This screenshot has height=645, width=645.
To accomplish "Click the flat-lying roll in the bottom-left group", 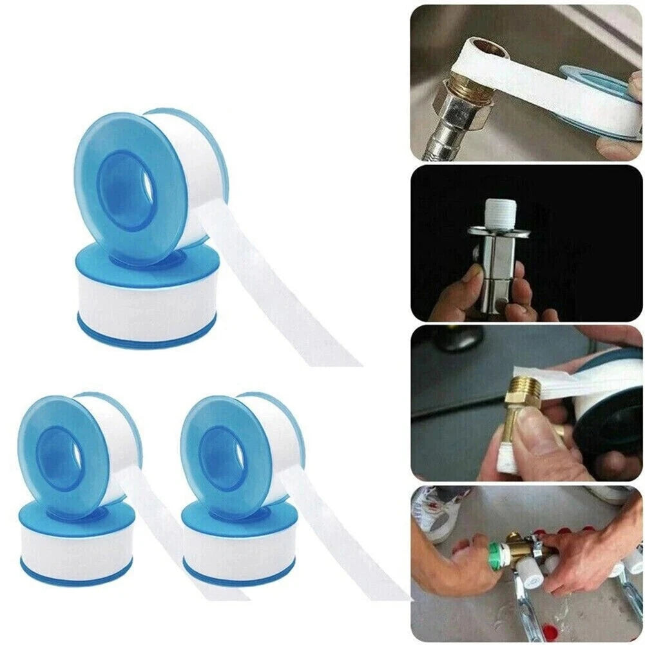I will pyautogui.click(x=76, y=544).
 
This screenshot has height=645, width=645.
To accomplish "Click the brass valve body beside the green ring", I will pyautogui.click(x=515, y=548).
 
